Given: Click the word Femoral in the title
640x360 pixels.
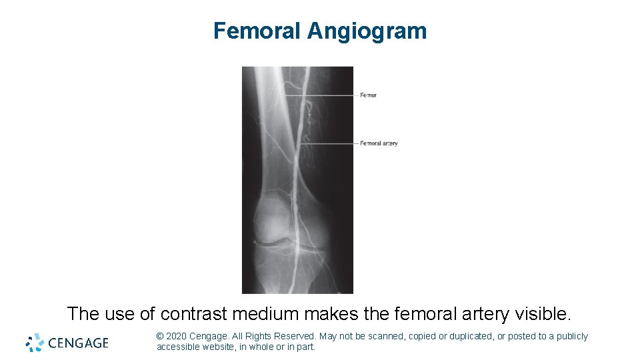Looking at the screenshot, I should tap(257, 31).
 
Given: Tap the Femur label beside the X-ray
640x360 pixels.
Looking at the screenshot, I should tap(368, 95).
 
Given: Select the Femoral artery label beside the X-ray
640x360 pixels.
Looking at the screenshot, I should tap(379, 143).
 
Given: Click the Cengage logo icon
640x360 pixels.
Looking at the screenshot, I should tap(35, 342).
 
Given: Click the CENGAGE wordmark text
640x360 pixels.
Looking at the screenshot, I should tap(79, 343).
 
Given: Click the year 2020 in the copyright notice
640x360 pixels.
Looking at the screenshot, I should tap(175, 337).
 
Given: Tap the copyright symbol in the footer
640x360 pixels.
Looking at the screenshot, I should tap(160, 337).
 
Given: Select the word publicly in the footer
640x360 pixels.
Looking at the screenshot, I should tap(571, 337).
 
